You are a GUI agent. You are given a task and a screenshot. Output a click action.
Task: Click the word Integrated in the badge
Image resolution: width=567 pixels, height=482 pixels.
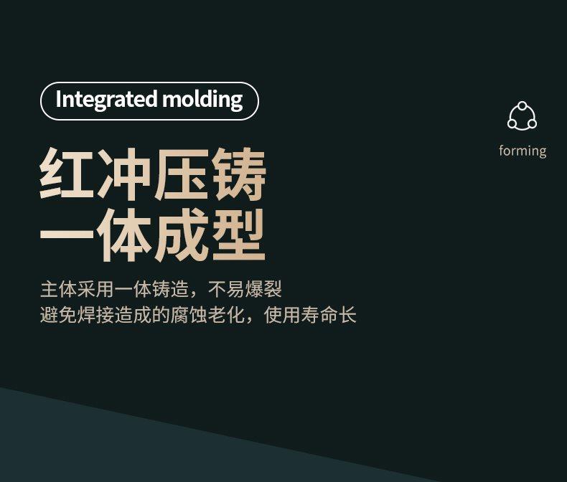(x=107, y=100)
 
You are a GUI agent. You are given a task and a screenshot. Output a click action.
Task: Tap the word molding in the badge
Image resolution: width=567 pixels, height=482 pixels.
(x=202, y=100)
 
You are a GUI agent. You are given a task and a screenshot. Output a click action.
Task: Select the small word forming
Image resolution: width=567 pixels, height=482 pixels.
(x=523, y=151)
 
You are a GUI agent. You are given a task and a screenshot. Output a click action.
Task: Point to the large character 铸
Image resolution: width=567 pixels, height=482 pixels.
(x=240, y=174)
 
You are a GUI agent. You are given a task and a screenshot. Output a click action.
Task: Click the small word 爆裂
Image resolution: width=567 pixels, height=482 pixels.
(x=263, y=289)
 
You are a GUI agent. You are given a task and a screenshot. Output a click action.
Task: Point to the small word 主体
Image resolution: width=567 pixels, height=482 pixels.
(x=58, y=289)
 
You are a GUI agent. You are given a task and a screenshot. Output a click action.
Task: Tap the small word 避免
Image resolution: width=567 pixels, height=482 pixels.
(x=58, y=315)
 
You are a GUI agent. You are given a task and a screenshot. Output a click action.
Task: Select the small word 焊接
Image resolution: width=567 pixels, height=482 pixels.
(x=95, y=315)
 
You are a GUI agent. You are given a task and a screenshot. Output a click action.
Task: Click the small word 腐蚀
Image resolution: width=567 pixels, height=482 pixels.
(x=189, y=315)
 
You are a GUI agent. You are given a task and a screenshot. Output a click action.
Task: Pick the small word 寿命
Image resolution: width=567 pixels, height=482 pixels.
(x=319, y=315)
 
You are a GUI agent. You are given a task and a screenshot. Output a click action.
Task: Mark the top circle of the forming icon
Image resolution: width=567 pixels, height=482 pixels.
(x=523, y=106)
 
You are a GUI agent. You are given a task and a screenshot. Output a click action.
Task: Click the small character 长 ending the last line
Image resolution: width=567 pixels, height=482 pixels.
(x=347, y=315)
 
